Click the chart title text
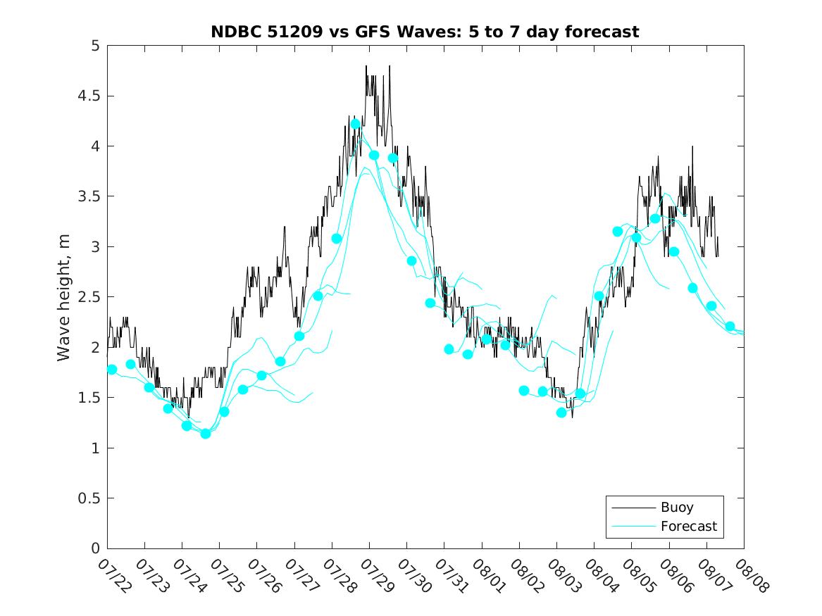click(425, 32)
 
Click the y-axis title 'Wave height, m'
click(63, 298)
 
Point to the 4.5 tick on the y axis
click(89, 96)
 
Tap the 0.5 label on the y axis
click(89, 498)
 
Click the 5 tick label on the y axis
click(95, 46)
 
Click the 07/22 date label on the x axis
click(115, 576)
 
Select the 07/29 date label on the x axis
click(377, 576)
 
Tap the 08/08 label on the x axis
click(752, 576)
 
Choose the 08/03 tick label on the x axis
click(565, 576)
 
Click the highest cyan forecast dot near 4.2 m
click(356, 124)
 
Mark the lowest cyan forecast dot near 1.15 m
click(206, 434)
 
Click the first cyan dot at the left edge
click(112, 370)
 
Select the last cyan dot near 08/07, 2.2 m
click(730, 327)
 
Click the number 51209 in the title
click(295, 32)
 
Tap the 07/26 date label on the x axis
click(265, 576)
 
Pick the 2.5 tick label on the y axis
click(89, 297)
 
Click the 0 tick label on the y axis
click(95, 548)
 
